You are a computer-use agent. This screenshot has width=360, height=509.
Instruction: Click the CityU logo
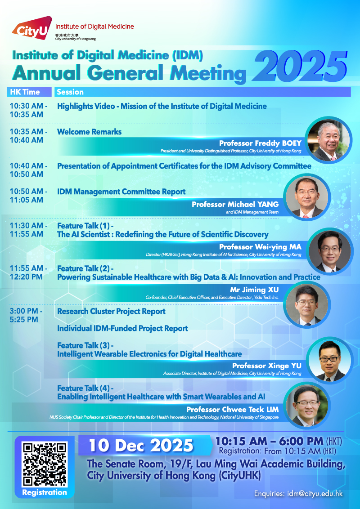click(x=32, y=29)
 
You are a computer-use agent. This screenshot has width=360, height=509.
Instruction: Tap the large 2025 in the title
click(x=300, y=67)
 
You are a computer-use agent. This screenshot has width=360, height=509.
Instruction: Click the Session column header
click(x=70, y=92)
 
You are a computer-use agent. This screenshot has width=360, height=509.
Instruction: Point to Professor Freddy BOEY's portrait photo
click(x=329, y=140)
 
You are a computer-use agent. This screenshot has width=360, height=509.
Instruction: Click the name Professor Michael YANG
click(x=235, y=204)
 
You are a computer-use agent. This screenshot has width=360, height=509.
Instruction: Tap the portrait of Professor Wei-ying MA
click(x=329, y=251)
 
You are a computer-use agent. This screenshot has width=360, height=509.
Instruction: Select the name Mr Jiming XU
click(x=254, y=290)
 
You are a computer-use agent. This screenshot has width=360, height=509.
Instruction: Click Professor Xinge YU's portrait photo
click(x=329, y=360)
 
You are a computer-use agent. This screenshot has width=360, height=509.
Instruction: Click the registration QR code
click(x=45, y=464)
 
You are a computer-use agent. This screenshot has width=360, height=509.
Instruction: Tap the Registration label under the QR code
click(x=45, y=492)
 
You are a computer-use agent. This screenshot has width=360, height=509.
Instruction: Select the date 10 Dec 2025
click(x=141, y=445)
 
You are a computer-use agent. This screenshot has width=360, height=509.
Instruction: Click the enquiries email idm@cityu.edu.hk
click(x=315, y=494)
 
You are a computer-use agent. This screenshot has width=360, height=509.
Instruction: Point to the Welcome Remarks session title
click(x=90, y=132)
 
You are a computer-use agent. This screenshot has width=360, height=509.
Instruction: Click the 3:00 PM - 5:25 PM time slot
click(x=26, y=315)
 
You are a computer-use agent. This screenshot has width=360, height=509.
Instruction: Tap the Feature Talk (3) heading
click(x=85, y=345)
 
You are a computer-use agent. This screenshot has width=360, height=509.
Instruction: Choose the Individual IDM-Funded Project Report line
click(x=122, y=329)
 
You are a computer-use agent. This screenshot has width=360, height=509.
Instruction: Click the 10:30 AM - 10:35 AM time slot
click(x=29, y=110)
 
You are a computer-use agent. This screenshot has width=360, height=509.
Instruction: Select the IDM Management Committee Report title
click(x=121, y=192)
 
